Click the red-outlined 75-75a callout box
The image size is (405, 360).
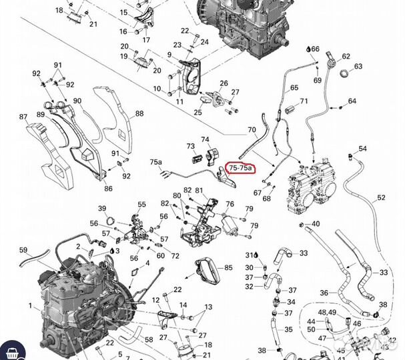(241, 169)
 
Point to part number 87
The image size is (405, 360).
(23, 117)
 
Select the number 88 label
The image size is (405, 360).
(139, 113)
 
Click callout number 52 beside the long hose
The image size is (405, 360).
(381, 197)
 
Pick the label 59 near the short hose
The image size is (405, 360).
(23, 251)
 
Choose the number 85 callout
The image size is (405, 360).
(228, 267)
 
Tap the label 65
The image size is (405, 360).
(294, 88)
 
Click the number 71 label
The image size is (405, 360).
(304, 101)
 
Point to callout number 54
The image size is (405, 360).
(362, 149)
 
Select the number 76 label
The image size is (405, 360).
(230, 205)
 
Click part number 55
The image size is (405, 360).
(141, 204)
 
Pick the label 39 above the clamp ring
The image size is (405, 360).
(102, 208)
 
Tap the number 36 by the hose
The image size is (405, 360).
(324, 292)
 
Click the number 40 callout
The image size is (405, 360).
(316, 223)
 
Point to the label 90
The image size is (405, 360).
(77, 101)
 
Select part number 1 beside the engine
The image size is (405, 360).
(30, 305)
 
